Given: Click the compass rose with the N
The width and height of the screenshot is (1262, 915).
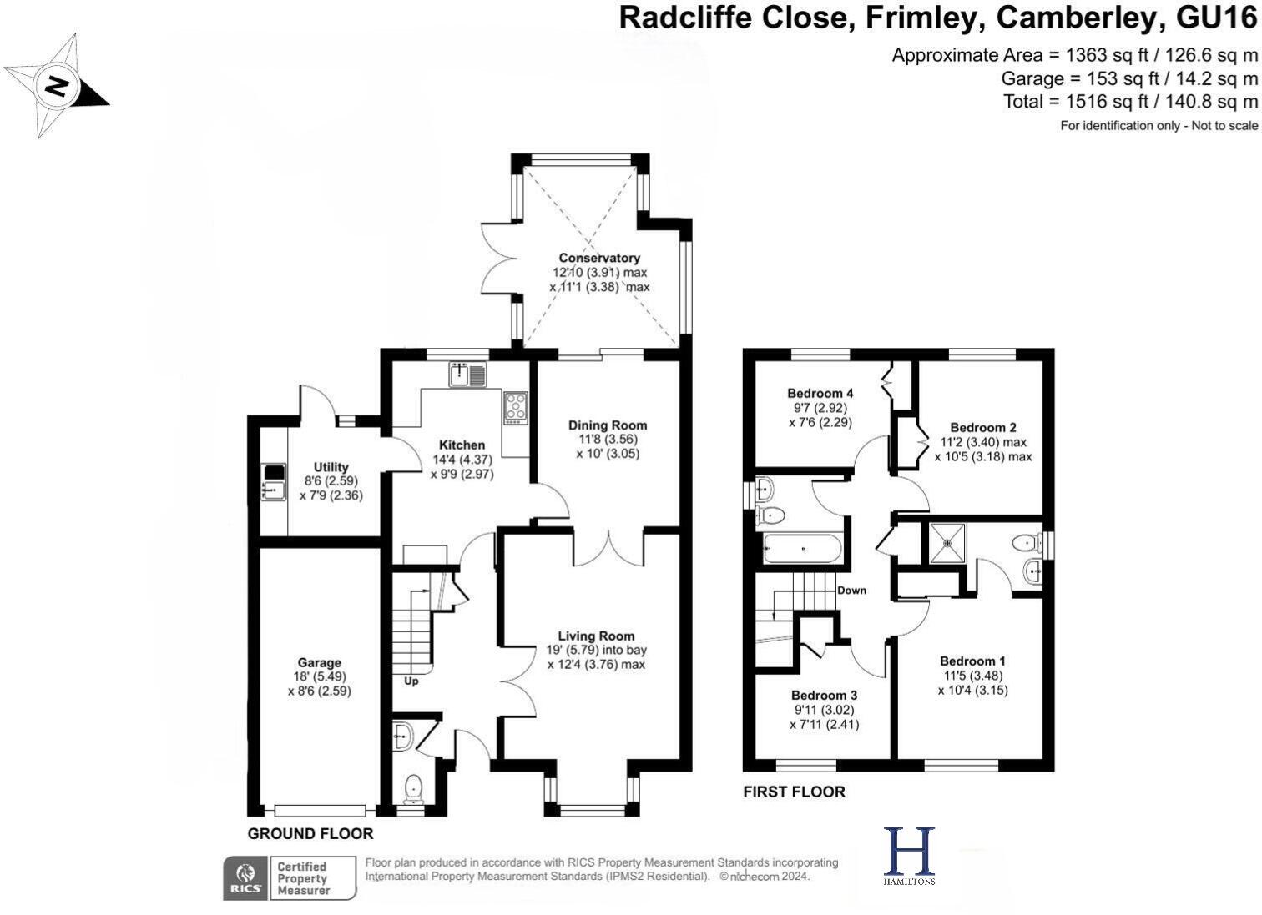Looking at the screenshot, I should [x=56, y=86].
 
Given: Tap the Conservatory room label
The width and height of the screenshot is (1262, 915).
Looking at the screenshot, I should [x=598, y=259].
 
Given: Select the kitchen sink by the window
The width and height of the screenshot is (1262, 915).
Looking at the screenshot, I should [x=467, y=375].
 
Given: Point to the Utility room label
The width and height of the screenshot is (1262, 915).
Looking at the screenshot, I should [x=331, y=467].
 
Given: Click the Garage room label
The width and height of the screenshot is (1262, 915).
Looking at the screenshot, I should [x=319, y=663].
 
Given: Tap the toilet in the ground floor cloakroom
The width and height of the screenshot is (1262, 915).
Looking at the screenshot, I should [x=412, y=787].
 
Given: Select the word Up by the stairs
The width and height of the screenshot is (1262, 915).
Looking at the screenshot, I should [x=411, y=681].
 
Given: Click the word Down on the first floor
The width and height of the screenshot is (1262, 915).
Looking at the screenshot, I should [x=851, y=590].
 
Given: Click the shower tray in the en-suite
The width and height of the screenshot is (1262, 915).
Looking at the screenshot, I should [x=947, y=543].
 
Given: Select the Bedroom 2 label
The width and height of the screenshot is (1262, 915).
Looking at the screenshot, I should [x=982, y=428].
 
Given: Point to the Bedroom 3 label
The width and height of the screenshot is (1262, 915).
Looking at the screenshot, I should [x=824, y=696].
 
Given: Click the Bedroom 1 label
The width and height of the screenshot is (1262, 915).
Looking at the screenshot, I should [x=972, y=661].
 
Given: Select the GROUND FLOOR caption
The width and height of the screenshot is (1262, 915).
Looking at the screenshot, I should [x=310, y=833].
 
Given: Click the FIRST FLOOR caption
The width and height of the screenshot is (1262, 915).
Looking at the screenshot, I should [x=794, y=792].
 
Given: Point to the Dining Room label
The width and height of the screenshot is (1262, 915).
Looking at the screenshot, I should [x=608, y=425].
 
